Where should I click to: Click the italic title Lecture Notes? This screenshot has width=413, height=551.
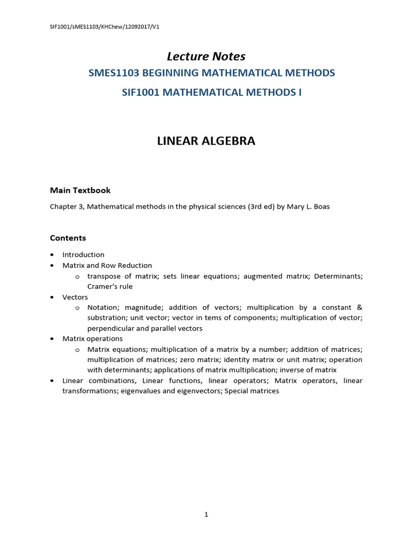[x=206, y=56]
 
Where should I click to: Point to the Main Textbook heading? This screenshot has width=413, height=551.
[x=80, y=190]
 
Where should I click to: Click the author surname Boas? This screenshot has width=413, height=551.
[x=321, y=207]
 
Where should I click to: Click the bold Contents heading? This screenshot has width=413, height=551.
[x=68, y=238]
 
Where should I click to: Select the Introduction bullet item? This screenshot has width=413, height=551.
[x=83, y=255]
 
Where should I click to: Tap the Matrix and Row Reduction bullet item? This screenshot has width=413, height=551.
[x=107, y=265]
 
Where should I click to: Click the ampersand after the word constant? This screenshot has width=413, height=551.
[x=359, y=307]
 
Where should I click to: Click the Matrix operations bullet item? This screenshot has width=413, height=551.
[x=92, y=338]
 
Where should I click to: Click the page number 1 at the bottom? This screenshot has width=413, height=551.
[x=206, y=515]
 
